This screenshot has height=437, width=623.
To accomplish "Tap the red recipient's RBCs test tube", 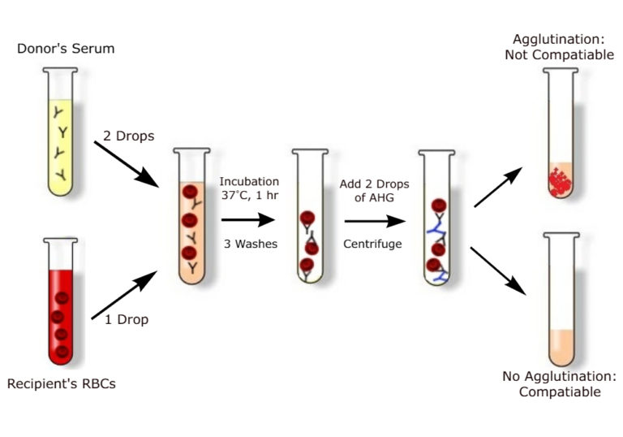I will coord(61,301).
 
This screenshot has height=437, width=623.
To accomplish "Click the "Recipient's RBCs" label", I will coord(61,383).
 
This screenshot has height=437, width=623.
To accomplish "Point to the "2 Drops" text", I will coord(129,135).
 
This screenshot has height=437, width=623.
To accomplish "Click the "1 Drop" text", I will coord(127,319).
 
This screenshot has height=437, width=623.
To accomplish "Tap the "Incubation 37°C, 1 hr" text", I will coord(249,188).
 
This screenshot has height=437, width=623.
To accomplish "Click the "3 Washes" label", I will coord(249,244).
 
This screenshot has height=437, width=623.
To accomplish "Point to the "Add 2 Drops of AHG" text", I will coord(374,191).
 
